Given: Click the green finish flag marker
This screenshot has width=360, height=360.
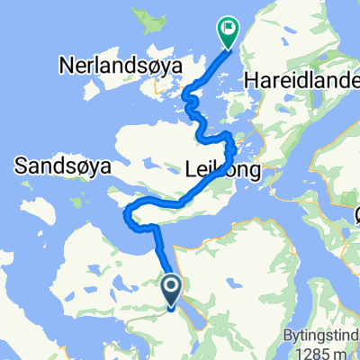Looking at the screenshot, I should click(226, 32).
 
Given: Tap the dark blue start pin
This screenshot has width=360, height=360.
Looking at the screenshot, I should click(172, 291).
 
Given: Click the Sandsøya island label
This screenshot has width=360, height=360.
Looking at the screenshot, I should click(56, 165).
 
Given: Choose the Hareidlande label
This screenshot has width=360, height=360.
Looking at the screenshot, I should click(301, 81).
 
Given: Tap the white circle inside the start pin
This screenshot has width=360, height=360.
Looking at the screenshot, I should click(172, 287).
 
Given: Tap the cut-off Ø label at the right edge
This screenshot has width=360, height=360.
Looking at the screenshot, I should click(356, 213).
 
